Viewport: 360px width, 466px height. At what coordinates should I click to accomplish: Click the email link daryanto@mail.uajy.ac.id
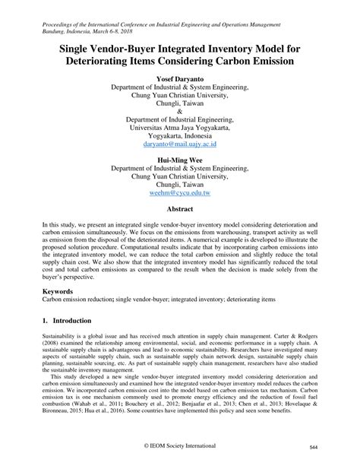click(x=179, y=142)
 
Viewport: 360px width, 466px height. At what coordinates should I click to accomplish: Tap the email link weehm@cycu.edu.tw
click(x=179, y=194)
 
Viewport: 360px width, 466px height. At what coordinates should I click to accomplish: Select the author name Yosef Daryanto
click(x=179, y=78)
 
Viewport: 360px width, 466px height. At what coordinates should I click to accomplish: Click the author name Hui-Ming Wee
click(x=179, y=158)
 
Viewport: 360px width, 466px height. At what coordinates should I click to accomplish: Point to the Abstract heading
click(x=179, y=208)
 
